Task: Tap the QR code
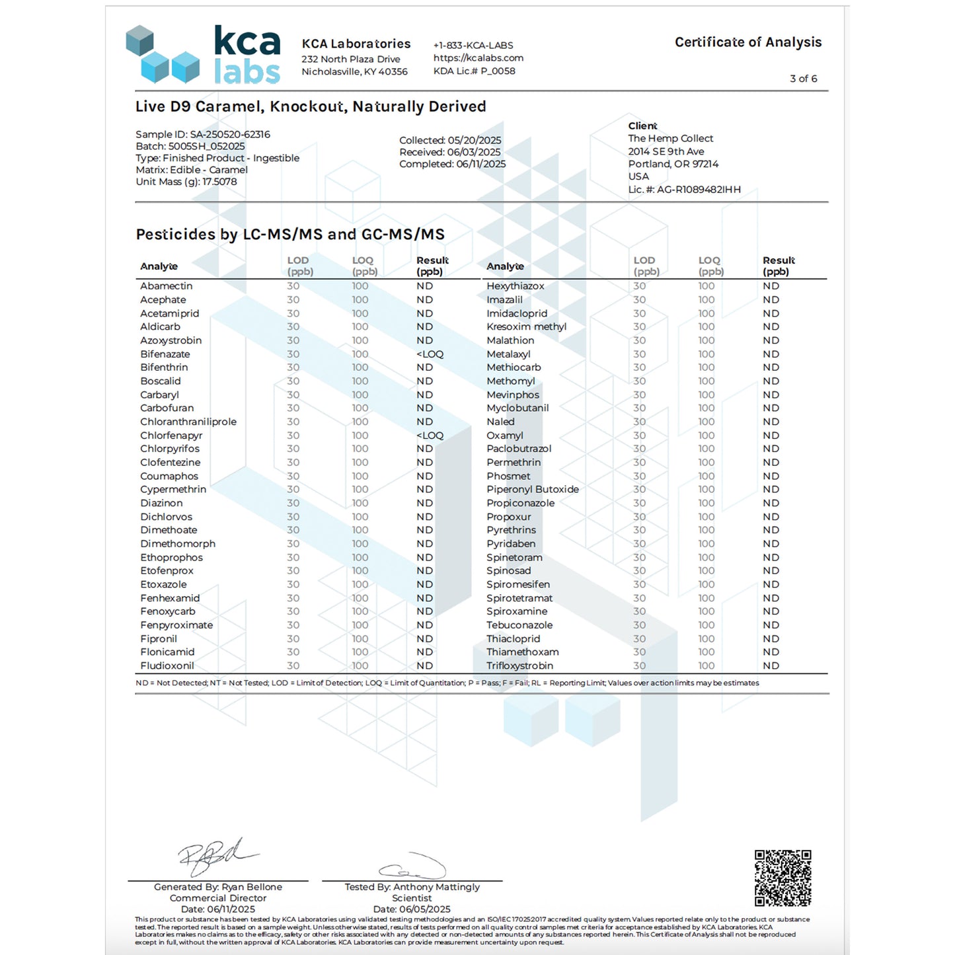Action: point(783,878)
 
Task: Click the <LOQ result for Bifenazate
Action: point(430,354)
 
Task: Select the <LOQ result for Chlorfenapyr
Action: point(430,436)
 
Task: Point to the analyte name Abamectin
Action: point(167,286)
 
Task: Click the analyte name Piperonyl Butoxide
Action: point(532,490)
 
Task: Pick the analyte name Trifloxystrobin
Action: point(519,666)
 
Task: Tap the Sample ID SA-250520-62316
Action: point(229,134)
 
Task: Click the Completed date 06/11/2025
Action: point(480,164)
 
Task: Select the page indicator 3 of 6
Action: point(803,79)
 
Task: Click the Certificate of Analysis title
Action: point(747,42)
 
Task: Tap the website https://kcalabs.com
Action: point(478,58)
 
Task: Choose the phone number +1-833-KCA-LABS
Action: point(473,46)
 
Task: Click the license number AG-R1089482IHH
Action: point(699,190)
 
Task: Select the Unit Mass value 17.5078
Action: point(219,182)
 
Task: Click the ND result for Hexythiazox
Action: point(771,286)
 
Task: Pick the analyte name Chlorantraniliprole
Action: point(188,422)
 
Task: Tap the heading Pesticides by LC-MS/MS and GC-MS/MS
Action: point(290,235)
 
